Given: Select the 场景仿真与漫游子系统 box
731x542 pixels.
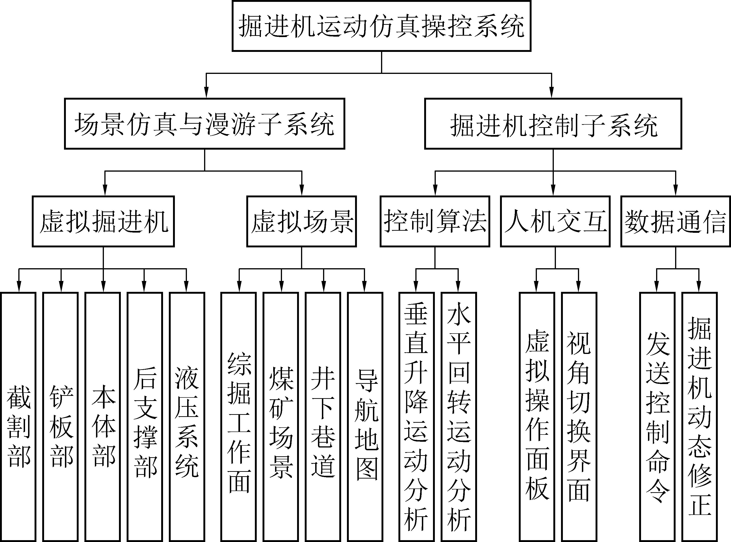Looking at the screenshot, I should pos(204,124).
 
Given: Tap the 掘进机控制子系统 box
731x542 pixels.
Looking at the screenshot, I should pos(553,124).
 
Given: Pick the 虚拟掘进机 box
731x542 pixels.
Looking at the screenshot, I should pos(103,221).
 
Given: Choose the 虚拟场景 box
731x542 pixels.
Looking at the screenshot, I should pos(301,221).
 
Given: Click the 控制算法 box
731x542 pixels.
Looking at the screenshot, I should pos(435,221).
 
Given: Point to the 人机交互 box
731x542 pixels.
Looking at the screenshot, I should pos(555,221).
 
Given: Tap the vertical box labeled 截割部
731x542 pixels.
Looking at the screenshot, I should pos(18,417).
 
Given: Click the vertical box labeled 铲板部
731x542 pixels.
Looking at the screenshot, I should pos(61,417).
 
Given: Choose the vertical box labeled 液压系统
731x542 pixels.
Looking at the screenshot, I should pos(187,417).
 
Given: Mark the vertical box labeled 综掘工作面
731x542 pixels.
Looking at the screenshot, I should pos(238,417).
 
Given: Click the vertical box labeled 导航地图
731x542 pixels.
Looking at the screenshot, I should pos(365,417).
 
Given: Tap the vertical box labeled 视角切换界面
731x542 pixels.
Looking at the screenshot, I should pos(579,417).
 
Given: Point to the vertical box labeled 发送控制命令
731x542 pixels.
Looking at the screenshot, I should pos(657,417).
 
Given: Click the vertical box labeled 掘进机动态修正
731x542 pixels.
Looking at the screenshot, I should pos(699,417).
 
